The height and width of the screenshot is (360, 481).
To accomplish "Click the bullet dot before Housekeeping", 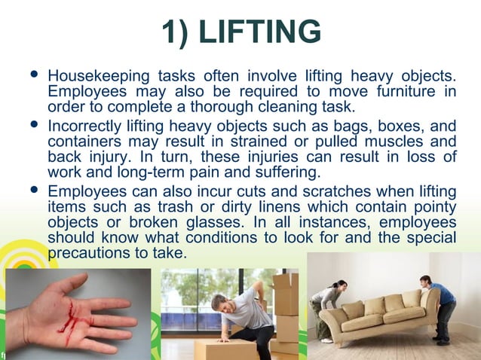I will click(x=32, y=76).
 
